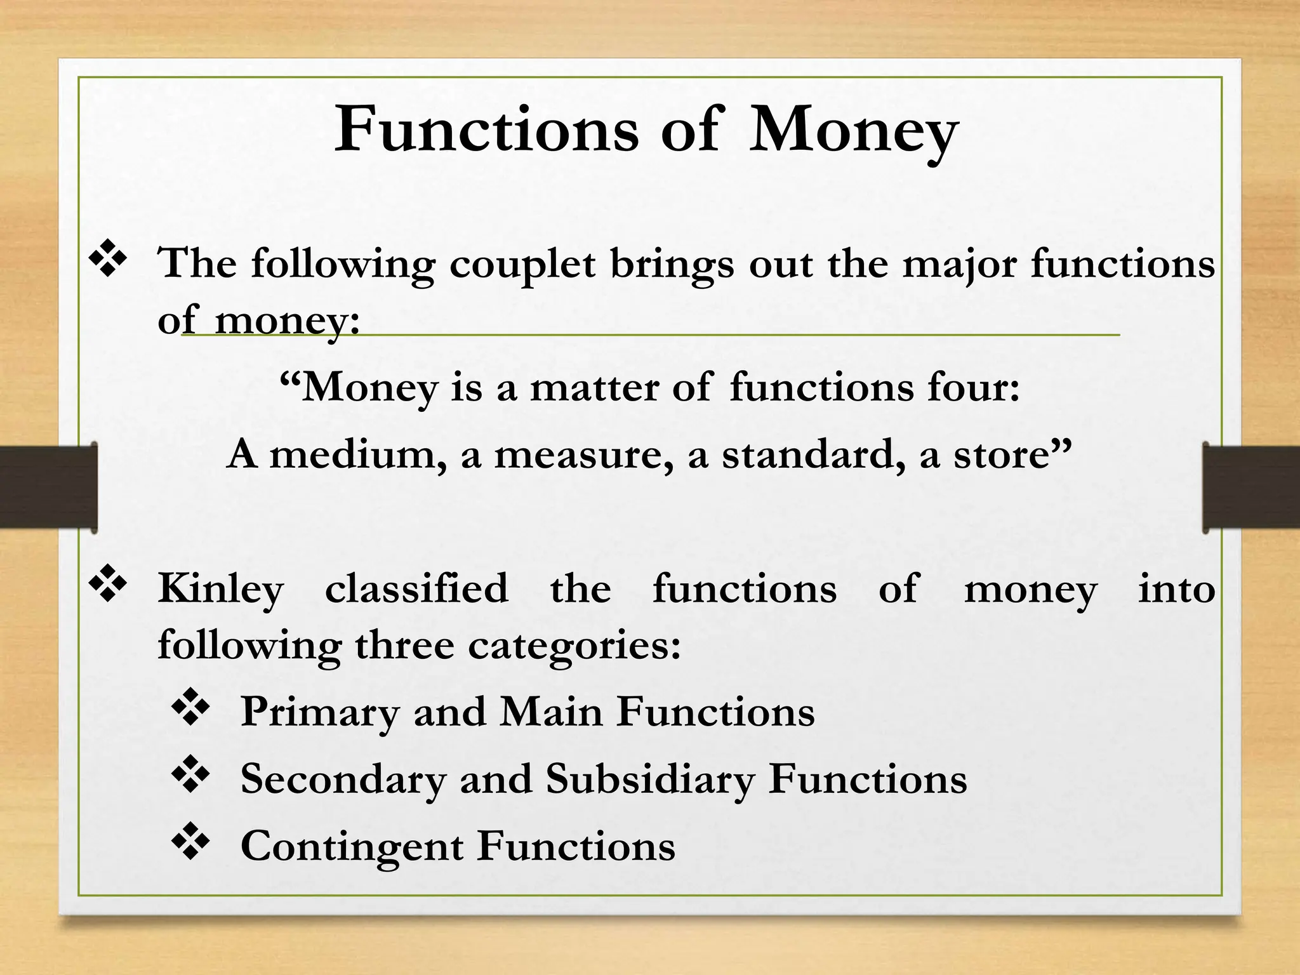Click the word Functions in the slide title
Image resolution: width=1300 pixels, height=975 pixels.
[486, 129]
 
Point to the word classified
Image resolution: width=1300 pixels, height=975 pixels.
[416, 588]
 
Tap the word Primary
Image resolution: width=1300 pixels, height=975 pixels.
[319, 713]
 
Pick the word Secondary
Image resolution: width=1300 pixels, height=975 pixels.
[343, 779]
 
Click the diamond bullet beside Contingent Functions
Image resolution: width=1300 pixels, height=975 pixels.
[190, 844]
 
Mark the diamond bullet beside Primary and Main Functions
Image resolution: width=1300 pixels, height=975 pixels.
[190, 708]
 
